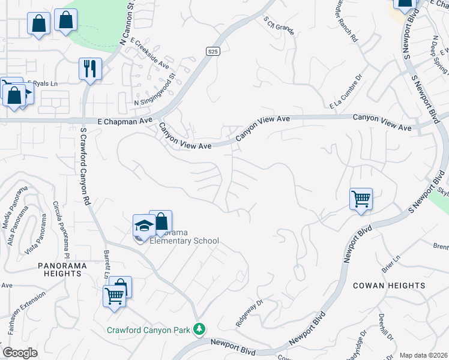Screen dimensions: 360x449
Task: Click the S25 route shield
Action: point(212,52)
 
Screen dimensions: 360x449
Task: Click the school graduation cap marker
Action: point(143,226)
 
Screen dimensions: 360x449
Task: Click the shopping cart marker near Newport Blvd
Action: point(361,198)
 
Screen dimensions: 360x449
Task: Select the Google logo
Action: point(20,352)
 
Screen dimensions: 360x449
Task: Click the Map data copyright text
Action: point(423,355)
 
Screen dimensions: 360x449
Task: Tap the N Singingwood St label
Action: point(154,89)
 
